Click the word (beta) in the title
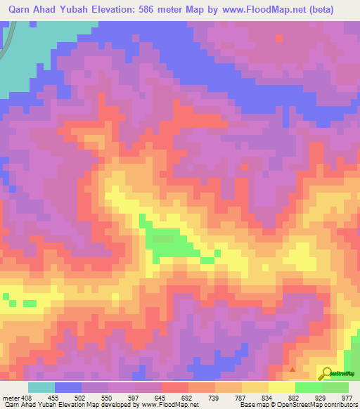pos(334,11)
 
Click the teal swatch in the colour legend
pos(41,387)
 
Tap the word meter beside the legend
pos(9,397)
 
